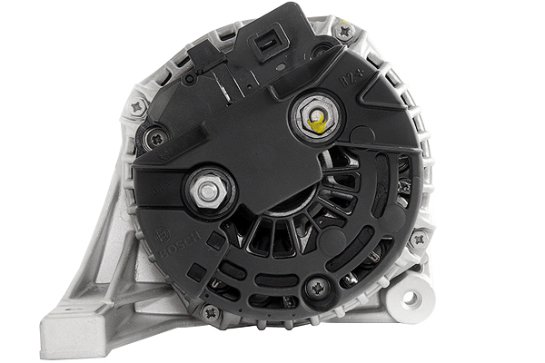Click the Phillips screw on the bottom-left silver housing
pyautogui.click(x=212, y=312)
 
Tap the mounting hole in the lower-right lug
pyautogui.click(x=410, y=298)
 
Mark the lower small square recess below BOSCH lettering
pyautogui.click(x=195, y=270)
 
